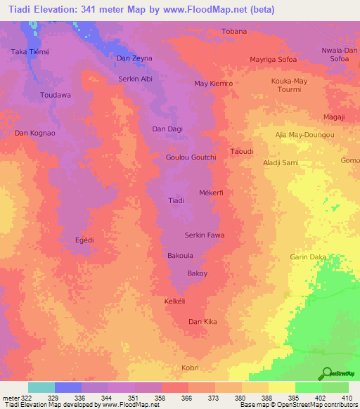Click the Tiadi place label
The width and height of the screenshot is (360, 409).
coord(176,201)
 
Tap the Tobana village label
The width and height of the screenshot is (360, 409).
coord(234,32)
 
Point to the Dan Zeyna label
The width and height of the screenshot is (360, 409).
coord(134,58)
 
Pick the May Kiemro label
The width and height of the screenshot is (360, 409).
coord(213,84)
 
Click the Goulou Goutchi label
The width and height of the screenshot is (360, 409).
coord(191,157)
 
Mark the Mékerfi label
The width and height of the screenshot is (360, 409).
coord(211,192)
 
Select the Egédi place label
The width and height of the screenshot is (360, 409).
coord(84,240)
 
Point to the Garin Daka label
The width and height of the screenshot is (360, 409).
coord(308,257)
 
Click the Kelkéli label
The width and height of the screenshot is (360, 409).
coord(174,300)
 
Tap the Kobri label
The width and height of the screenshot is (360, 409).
coord(191,368)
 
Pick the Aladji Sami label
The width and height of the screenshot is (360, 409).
coord(281,162)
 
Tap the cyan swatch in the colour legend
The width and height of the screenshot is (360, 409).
coord(41,387)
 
